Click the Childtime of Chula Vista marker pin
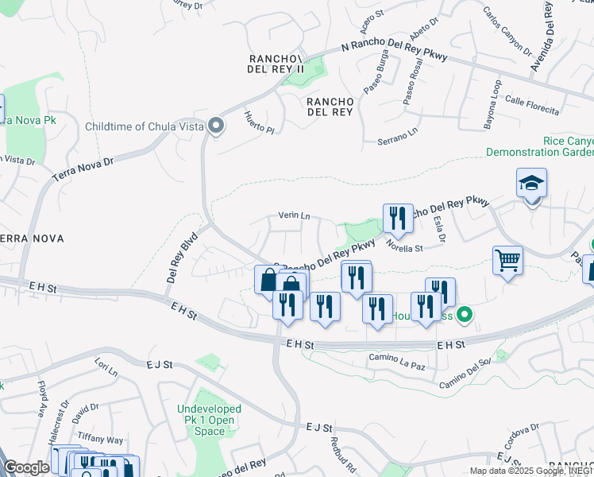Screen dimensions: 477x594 coord(215,126)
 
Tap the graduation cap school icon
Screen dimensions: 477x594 coord(531,184)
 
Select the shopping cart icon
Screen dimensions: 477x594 coord(507,260)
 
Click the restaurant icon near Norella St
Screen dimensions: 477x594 coord(398,218)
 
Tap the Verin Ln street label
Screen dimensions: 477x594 coord(293,215)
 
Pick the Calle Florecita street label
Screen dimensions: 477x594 coord(531,106)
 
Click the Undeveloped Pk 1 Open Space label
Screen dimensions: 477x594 coord(210,420)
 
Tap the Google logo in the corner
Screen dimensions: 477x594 coord(26,467)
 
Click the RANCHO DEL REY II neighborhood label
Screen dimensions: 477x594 coord(277,64)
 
